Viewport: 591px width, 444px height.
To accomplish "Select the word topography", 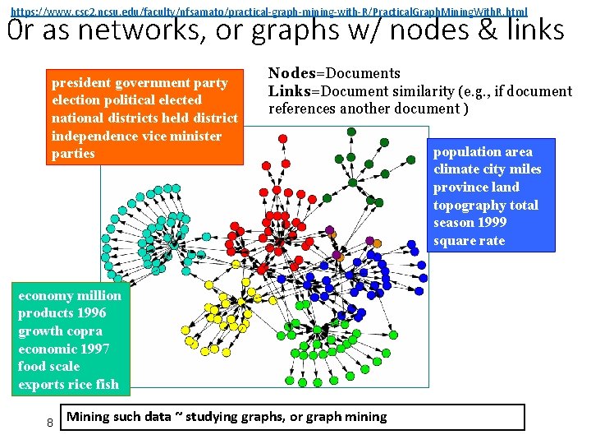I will point(470,205).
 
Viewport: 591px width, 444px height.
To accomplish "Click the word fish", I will point(107,384).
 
